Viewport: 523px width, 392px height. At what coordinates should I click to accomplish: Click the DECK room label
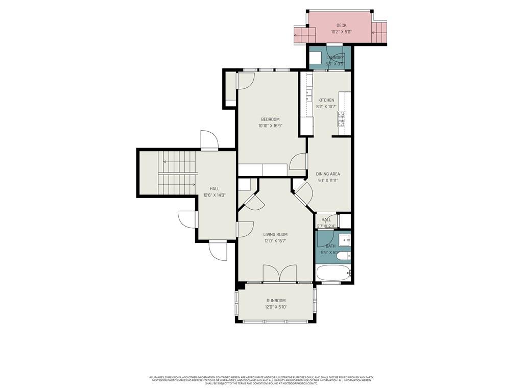coord(341,26)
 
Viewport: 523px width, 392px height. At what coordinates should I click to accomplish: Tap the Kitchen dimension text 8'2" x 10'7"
coord(326,107)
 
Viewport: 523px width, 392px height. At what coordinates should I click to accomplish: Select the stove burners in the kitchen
coord(341,120)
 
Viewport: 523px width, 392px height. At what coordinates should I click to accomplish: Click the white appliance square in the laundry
coord(316,57)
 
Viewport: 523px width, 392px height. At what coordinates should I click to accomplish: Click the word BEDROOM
coord(270,119)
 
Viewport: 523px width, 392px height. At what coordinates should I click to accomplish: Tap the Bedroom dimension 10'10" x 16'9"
coord(270,126)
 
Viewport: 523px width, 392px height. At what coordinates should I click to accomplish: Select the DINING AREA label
coord(327,174)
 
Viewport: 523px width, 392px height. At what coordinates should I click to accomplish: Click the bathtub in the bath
coord(333,273)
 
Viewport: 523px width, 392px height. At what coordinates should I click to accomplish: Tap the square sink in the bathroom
coord(344,239)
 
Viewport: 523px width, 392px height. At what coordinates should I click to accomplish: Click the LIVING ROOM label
coord(275,235)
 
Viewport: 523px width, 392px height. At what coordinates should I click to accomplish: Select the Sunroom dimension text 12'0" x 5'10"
coord(276,307)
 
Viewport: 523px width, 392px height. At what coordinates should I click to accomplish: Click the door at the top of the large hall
coord(209,140)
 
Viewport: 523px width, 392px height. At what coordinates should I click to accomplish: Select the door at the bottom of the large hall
coord(218,251)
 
